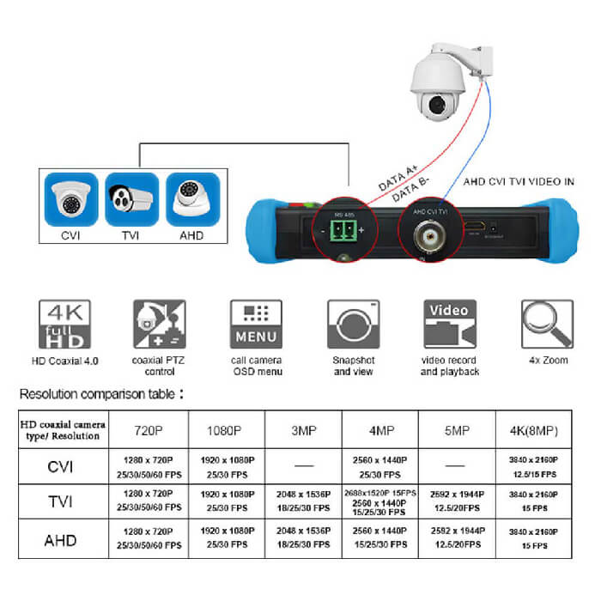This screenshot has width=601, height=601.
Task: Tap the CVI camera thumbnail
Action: pos(71,202)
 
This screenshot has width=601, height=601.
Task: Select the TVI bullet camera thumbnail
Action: pos(131,202)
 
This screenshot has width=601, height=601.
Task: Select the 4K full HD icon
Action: pos(64,324)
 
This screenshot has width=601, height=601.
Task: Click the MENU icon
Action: pos(255,324)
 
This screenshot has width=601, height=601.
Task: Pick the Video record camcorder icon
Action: pos(449,324)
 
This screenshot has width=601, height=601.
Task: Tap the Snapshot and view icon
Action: pos(353,324)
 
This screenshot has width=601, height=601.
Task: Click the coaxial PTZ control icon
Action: pos(160,324)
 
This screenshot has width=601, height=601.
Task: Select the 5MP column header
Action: pos(455,428)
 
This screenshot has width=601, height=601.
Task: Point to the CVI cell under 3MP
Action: pos(303,465)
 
